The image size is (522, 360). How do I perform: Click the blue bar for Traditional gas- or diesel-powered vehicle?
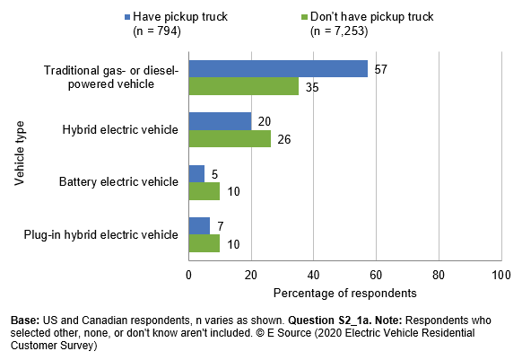click(x=278, y=69)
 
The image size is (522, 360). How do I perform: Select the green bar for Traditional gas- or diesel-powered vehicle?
click(x=243, y=86)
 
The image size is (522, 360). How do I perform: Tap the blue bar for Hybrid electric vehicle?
click(x=220, y=121)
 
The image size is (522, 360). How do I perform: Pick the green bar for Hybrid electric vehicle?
click(x=230, y=138)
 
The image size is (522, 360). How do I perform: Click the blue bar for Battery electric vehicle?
click(x=196, y=173)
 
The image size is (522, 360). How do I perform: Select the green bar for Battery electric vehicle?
click(x=204, y=190)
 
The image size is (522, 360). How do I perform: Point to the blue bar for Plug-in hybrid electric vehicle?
click(x=199, y=225)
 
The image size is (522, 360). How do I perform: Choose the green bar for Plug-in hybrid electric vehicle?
click(x=204, y=242)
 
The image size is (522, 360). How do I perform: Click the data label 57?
click(x=379, y=67)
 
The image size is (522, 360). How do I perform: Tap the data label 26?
click(x=283, y=140)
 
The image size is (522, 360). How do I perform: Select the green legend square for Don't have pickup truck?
click(x=305, y=15)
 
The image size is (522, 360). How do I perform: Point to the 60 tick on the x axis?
click(x=376, y=276)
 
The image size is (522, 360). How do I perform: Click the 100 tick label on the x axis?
click(x=500, y=276)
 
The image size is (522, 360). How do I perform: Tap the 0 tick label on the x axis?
click(x=189, y=276)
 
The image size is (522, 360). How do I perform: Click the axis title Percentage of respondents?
click(x=344, y=294)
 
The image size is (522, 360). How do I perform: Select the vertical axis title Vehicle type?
click(x=19, y=155)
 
